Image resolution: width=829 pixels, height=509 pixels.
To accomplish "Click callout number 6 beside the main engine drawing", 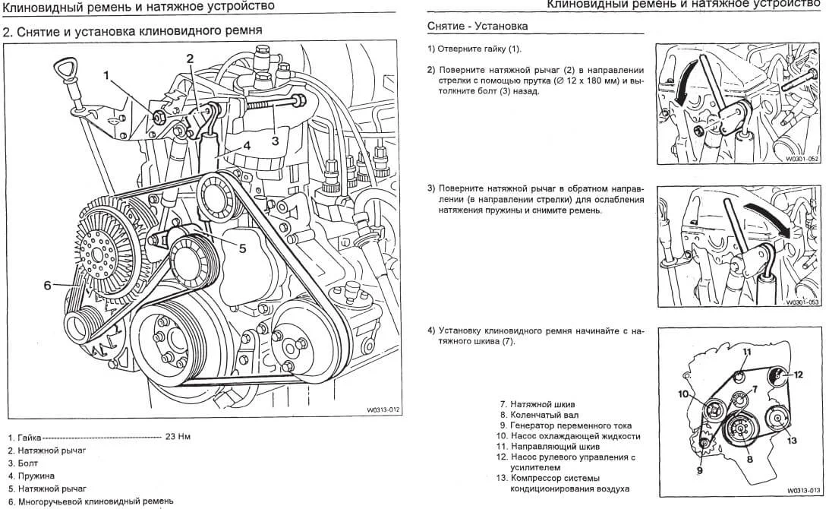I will pos(47,286).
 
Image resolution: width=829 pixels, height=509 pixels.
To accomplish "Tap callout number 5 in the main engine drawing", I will pos(242,248).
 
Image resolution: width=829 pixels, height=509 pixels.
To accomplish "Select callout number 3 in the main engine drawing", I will pos(275,139).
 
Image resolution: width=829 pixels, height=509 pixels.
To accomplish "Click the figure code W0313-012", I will pos(383,411).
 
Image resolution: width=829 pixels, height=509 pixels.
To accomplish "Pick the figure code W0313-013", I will pos(803,491).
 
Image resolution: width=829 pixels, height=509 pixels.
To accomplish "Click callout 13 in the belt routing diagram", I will pos(793,441).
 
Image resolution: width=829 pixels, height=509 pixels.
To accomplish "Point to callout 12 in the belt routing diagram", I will pos(798,375).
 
